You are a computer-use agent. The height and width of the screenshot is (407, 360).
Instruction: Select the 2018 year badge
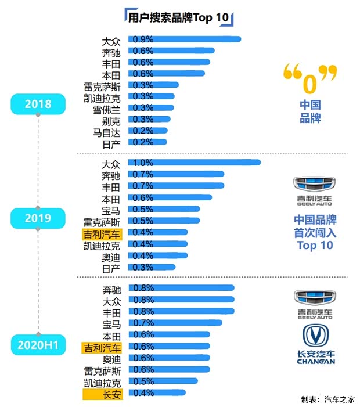pos(38,105)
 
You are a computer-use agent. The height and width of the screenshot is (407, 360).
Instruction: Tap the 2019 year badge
pos(38,218)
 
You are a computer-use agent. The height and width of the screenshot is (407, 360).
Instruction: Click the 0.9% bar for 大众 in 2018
pos(186,39)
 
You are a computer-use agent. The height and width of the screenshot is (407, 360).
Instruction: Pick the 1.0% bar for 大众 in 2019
pos(196,163)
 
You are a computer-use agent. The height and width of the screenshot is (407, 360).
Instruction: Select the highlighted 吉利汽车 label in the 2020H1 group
pos(102,347)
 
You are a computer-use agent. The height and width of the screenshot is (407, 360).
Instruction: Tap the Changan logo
pos(315,345)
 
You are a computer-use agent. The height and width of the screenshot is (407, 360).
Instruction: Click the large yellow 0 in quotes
pos(310,81)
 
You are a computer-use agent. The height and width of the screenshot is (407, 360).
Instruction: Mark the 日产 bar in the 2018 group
pos(149,142)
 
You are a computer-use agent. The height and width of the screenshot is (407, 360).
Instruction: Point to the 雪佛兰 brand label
pos(107,109)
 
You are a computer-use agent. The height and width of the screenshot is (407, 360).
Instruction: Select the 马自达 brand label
pos(107,132)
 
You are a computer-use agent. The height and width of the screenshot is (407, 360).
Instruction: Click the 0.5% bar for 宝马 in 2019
pos(165,209)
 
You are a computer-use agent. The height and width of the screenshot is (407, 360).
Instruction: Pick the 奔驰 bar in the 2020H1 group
pos(183,288)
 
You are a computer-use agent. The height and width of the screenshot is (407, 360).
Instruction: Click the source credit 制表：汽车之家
pos(327,399)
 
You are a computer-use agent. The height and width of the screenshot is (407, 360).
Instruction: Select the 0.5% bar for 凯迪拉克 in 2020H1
pos(165,381)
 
